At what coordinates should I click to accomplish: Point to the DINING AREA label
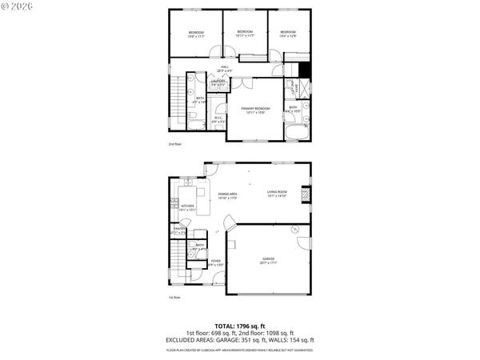click(227, 195)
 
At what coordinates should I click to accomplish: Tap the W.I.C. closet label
click(218, 119)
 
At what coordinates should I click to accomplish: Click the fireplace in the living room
click(304, 193)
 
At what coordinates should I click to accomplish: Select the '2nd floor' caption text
click(175, 145)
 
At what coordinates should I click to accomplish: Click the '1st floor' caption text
click(174, 298)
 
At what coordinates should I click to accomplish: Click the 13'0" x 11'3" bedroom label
click(196, 34)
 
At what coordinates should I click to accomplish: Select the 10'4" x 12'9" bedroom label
click(288, 34)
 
